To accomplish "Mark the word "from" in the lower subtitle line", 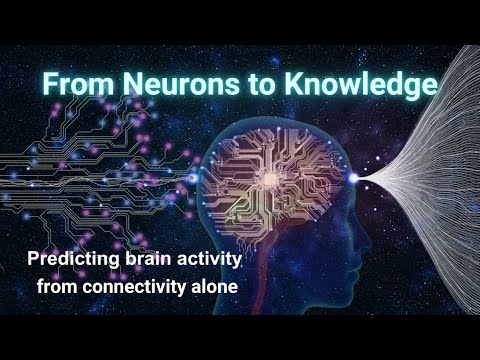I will (x=58, y=286).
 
